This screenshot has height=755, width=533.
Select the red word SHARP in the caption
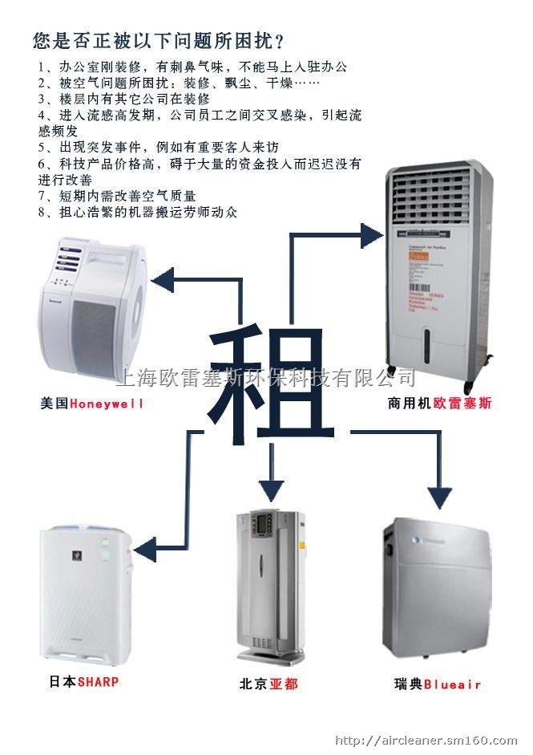pos(98,681)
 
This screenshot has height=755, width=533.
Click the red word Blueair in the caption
pos(453,684)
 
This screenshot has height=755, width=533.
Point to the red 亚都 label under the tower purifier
pos(284,684)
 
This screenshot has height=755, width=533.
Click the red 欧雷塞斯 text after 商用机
pos(462,404)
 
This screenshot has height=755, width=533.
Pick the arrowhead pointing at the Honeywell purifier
pos(164,280)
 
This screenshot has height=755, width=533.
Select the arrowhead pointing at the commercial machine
pos(371,235)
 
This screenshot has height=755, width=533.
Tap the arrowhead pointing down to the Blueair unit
pos(438,497)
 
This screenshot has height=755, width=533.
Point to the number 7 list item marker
pos(42,196)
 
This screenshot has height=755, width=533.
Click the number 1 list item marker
pos(42,66)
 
